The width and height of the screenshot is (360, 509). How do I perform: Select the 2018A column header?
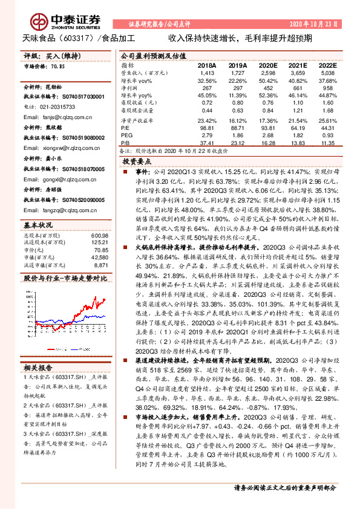click(207, 65)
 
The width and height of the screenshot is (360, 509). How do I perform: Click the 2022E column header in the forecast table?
click(326, 65)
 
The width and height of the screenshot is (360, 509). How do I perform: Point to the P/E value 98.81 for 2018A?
click(207, 128)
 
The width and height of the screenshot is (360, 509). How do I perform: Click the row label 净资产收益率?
click(137, 120)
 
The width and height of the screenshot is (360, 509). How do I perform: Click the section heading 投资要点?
click(136, 163)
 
